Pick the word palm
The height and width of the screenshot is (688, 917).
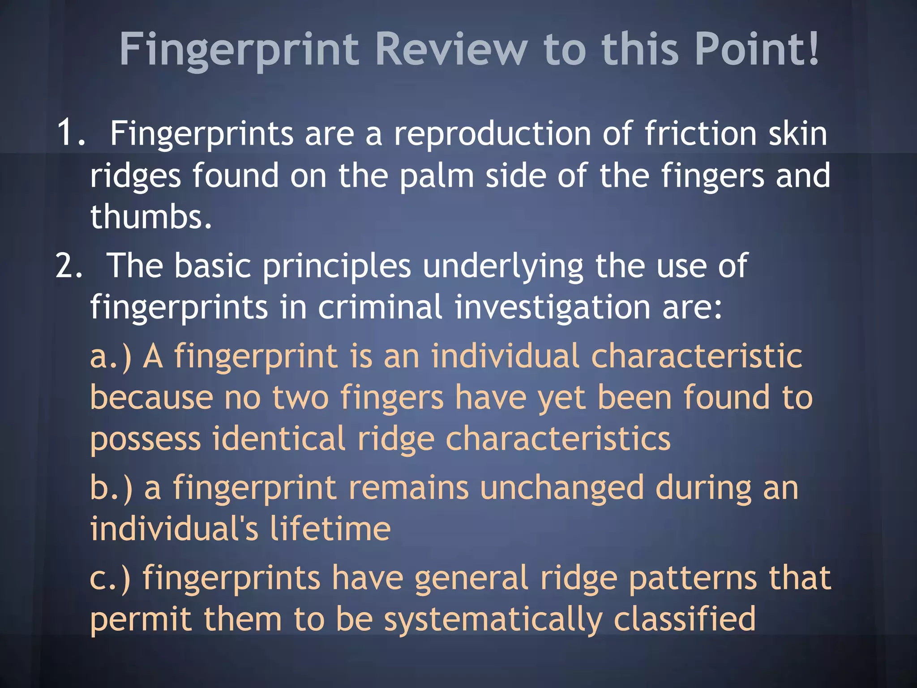click(x=437, y=176)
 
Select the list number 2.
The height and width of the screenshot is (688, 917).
click(x=69, y=266)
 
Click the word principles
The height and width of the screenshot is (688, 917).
click(x=336, y=267)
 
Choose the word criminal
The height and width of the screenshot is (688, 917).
click(x=380, y=307)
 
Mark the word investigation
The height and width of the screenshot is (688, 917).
click(x=553, y=308)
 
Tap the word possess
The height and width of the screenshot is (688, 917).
click(x=146, y=439)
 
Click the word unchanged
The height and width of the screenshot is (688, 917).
click(x=561, y=488)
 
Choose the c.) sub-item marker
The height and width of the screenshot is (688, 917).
click(x=110, y=578)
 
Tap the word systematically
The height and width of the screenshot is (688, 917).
click(x=493, y=620)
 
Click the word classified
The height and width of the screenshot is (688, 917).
click(x=685, y=619)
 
